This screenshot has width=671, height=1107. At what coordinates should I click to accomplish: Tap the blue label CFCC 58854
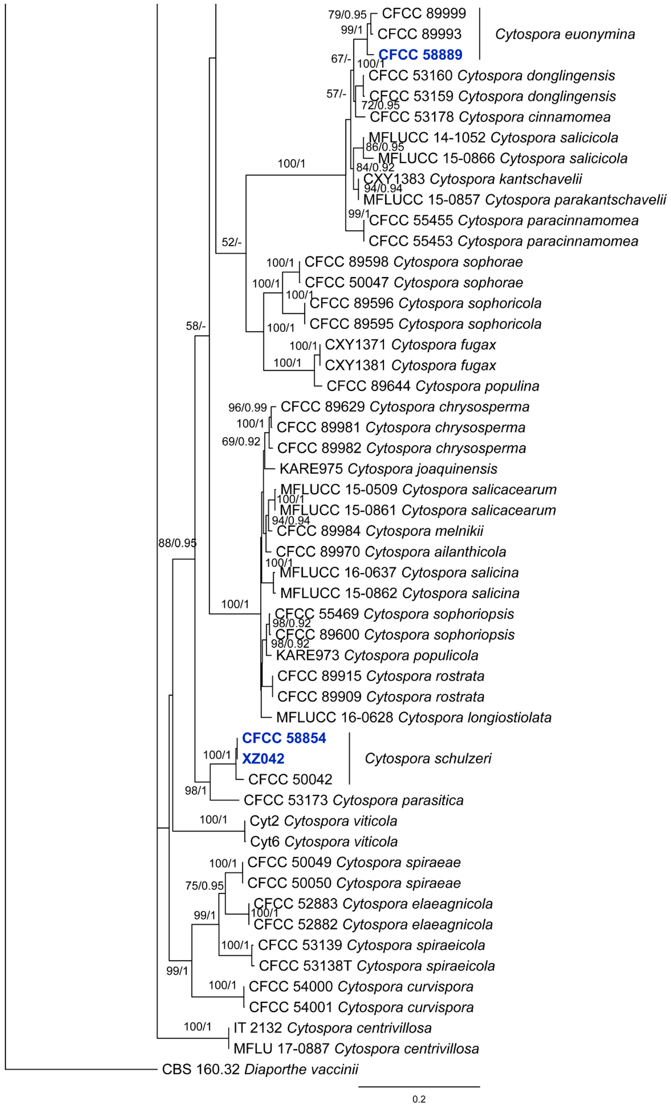pos(284,738)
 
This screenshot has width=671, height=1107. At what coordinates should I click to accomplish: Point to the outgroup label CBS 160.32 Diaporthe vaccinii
pos(260,1069)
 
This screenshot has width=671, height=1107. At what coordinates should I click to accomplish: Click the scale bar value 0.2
pos(419,1099)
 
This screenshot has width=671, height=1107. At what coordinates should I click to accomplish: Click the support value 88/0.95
pos(177,543)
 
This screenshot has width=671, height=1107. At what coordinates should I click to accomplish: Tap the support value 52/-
pos(232,243)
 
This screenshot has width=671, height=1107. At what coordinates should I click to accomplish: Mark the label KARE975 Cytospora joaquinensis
pos(388,469)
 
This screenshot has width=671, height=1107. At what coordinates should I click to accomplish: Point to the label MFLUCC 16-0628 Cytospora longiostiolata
pos(414,718)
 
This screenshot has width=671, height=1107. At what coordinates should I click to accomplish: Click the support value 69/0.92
pos(241,442)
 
